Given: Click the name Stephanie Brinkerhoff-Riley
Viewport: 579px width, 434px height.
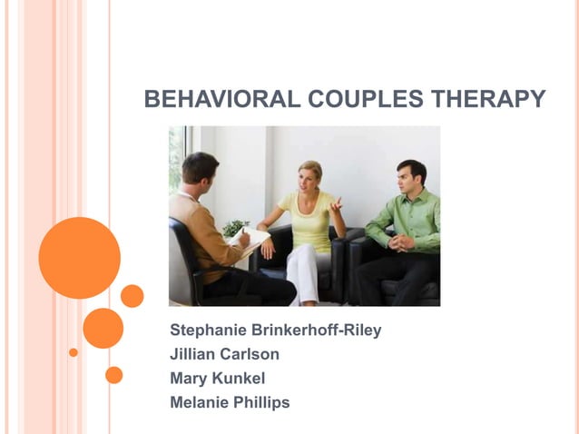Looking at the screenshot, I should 275,330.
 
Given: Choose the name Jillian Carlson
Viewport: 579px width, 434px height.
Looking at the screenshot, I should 224,354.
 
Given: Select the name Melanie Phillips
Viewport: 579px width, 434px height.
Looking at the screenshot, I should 230,401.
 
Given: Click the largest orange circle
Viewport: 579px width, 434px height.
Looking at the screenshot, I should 80,258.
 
